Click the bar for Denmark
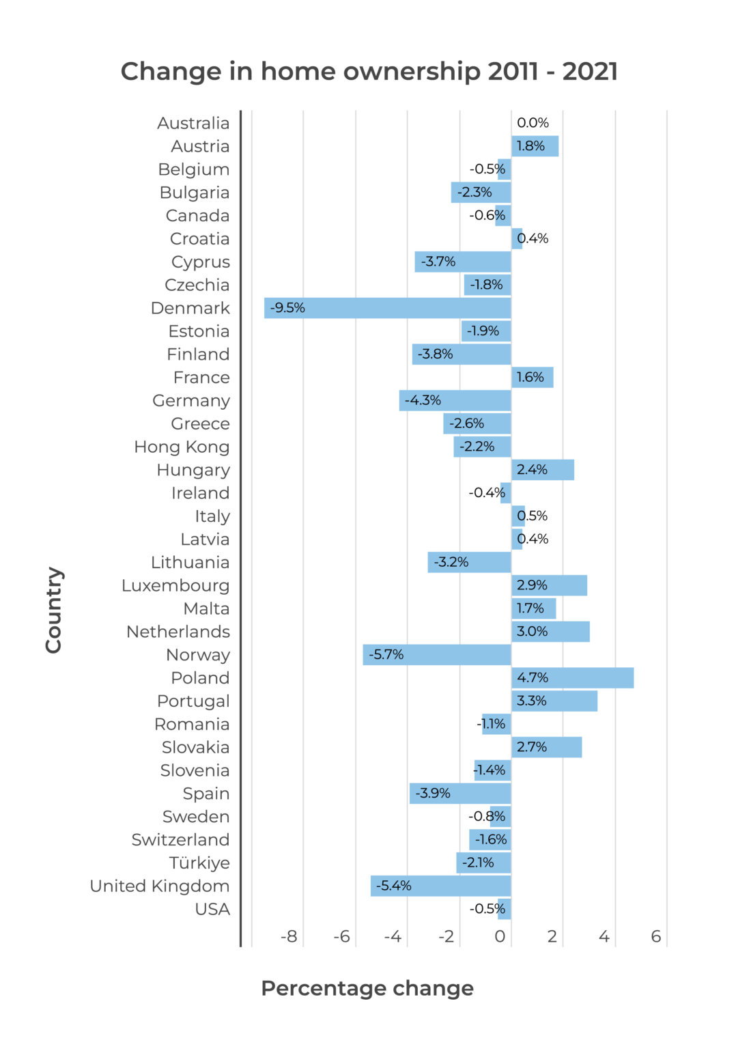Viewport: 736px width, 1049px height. point(387,308)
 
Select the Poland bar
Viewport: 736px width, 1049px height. point(572,678)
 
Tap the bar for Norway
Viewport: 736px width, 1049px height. point(437,655)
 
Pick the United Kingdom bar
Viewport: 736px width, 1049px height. point(440,886)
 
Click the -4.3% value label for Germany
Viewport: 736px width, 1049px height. point(423,400)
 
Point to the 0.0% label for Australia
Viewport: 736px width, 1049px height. point(533,123)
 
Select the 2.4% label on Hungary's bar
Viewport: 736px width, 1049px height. point(532,470)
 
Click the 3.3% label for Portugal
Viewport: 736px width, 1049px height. point(532,701)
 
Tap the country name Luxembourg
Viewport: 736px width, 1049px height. point(175,586)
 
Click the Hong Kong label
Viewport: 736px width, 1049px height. point(182,447)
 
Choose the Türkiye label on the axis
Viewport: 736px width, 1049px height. point(199,863)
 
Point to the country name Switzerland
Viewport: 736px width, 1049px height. point(180,840)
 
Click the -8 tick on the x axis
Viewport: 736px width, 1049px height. point(289,936)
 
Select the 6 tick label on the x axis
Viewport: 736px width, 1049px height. point(655,936)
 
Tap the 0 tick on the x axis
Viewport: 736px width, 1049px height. point(500,936)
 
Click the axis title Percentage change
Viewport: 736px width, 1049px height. point(367,988)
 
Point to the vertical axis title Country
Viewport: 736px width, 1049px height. point(54,610)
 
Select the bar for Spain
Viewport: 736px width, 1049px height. point(460,794)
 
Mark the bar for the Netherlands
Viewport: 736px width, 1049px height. point(550,632)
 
